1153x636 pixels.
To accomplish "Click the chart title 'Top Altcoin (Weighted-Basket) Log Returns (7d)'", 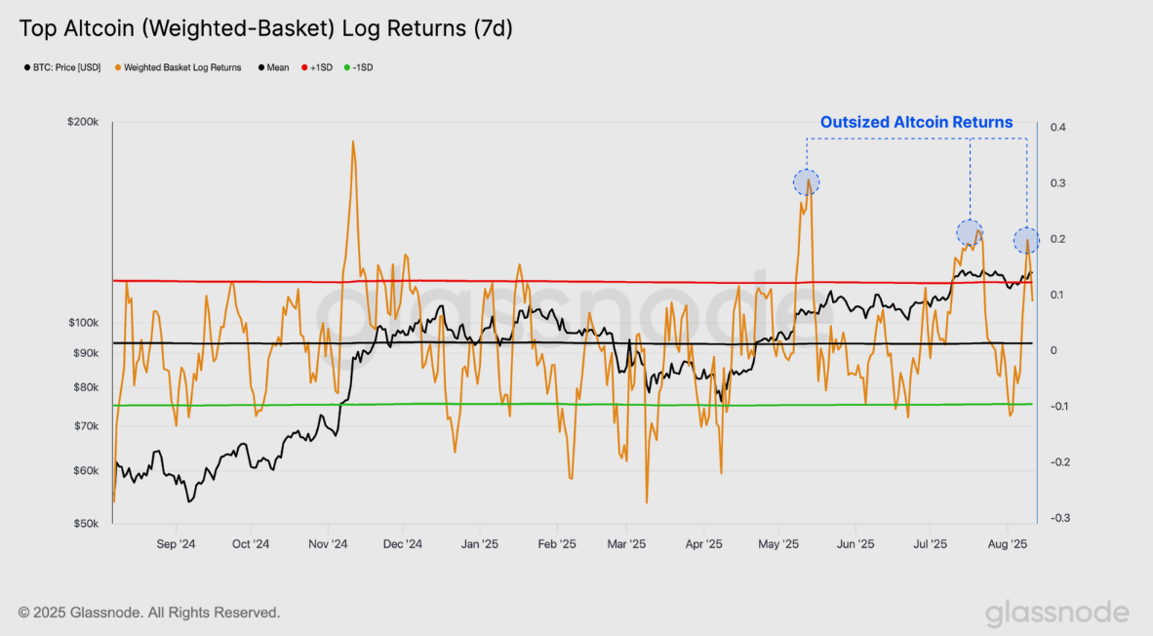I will point(265,28).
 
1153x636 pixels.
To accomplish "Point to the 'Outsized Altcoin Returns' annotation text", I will point(916,122).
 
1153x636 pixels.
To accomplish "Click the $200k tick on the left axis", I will point(84,123).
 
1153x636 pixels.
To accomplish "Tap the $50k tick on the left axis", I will point(87,524).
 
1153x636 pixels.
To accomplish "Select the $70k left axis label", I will point(87,426).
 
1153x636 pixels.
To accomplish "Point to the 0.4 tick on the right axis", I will point(1058,127).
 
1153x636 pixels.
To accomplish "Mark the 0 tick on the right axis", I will point(1054,350).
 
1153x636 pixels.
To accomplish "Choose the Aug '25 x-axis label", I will point(1007,544).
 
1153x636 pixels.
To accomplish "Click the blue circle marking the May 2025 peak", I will point(806,181).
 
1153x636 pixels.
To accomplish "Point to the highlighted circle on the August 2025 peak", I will point(1026,240).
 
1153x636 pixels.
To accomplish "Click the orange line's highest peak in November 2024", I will point(352,141).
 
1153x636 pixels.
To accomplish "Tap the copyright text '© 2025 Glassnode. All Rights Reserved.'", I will point(149,613).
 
